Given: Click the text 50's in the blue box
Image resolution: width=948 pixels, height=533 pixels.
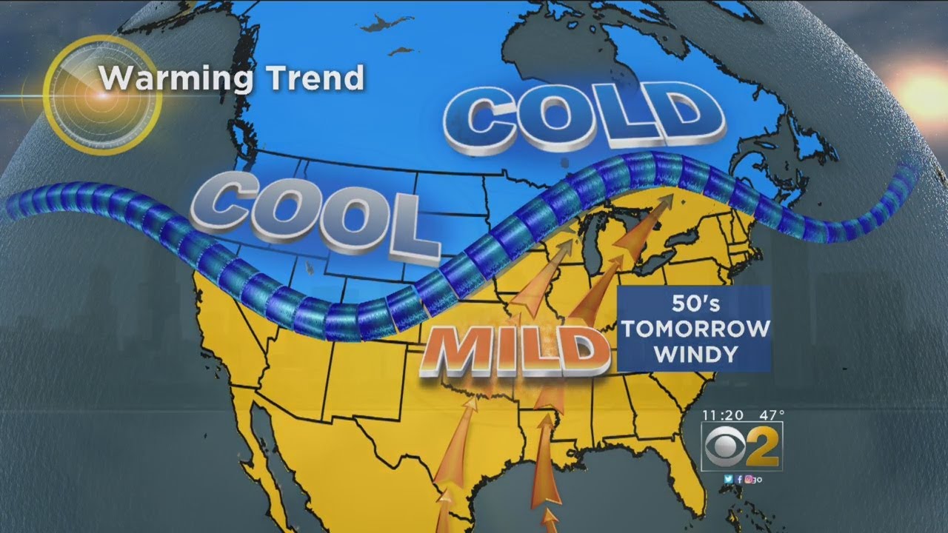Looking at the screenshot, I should (x=694, y=304).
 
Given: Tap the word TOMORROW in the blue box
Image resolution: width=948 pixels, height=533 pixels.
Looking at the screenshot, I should (x=695, y=329).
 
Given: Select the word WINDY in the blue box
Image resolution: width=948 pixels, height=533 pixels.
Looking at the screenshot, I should (x=695, y=354).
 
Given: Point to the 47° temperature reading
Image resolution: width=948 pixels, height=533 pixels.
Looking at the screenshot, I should (x=770, y=415).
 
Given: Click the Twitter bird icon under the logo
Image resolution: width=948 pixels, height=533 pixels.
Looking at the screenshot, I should (x=730, y=479).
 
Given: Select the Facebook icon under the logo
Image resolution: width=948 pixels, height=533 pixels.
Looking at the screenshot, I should (x=738, y=479).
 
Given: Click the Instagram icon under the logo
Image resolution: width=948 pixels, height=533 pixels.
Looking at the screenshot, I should (x=748, y=479).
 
